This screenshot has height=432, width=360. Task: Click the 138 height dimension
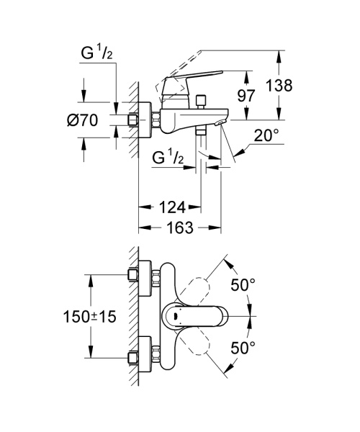click(x=279, y=85)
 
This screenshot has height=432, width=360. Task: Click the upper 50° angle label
click(x=243, y=285)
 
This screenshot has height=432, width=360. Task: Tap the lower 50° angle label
click(x=243, y=348)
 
